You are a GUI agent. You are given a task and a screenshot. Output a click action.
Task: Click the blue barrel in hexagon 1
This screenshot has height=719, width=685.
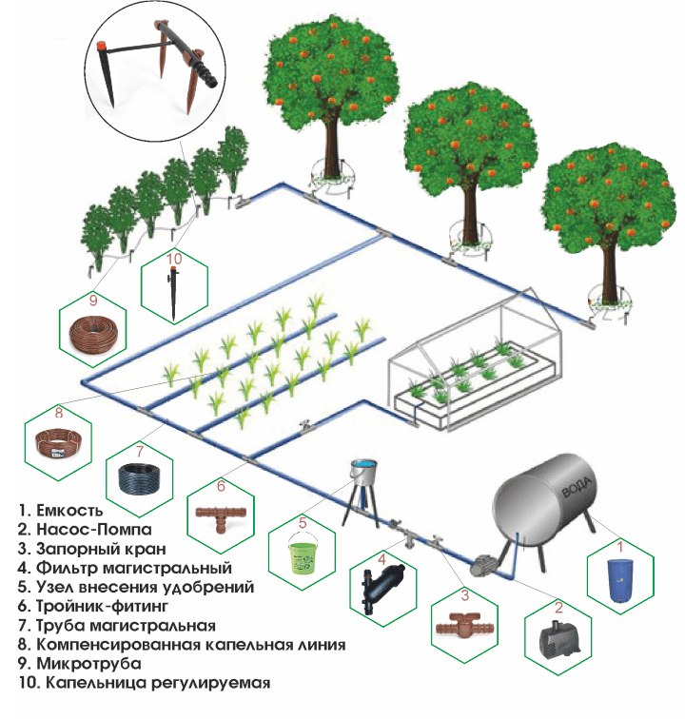pyautogui.click(x=620, y=579)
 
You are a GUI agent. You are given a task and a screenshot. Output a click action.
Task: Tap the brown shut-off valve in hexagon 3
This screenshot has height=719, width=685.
pyautogui.click(x=465, y=625)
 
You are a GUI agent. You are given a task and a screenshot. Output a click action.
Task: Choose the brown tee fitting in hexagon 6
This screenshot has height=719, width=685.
pyautogui.click(x=221, y=516)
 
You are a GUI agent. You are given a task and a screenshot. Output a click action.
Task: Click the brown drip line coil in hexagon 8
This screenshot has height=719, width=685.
pyautogui.click(x=58, y=442)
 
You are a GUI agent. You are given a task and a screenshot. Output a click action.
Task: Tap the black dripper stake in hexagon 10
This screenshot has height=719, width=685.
pyautogui.click(x=173, y=293)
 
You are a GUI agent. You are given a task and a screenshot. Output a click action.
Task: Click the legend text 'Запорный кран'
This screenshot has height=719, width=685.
pyautogui.click(x=101, y=549)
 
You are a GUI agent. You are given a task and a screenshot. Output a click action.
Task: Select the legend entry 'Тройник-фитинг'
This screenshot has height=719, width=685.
pyautogui.click(x=102, y=606)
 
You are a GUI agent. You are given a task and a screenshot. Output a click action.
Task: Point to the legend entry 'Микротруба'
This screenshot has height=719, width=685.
pyautogui.click(x=88, y=664)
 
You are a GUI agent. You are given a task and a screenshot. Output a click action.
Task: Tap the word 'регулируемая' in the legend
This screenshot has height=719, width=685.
pyautogui.click(x=210, y=683)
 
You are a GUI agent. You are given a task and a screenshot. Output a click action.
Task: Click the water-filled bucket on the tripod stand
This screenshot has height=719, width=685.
pyautogui.click(x=363, y=470)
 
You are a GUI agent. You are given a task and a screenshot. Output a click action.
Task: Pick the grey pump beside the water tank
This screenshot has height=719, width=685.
pyautogui.click(x=483, y=564)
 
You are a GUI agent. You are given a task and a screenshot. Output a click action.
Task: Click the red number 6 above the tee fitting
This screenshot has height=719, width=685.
pyautogui.click(x=221, y=485)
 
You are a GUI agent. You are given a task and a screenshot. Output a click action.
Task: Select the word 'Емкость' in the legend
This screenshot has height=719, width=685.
pyautogui.click(x=69, y=510)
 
